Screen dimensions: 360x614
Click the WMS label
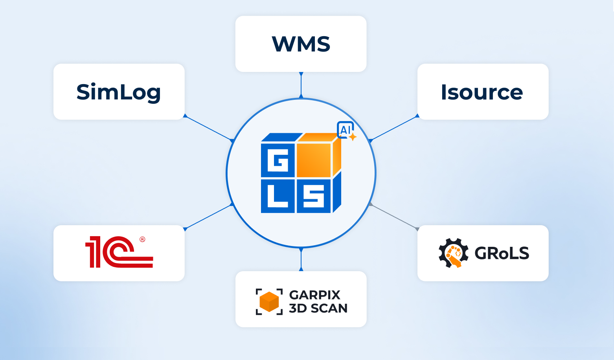(301, 44)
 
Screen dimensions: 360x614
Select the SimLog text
(118, 92)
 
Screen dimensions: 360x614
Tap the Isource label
(482, 92)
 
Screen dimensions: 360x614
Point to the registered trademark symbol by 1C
(142, 239)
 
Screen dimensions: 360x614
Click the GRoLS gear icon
(453, 253)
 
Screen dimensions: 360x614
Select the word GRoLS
(502, 253)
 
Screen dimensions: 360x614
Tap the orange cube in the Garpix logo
(269, 302)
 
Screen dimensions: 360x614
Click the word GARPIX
(314, 295)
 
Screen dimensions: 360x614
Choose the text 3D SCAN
(318, 309)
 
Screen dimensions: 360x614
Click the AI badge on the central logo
(346, 130)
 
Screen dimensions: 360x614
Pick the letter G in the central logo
(278, 160)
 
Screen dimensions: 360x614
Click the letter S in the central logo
(314, 196)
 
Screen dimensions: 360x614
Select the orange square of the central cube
(314, 160)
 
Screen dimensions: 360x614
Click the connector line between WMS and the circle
(301, 85)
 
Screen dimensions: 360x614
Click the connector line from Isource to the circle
(394, 128)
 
